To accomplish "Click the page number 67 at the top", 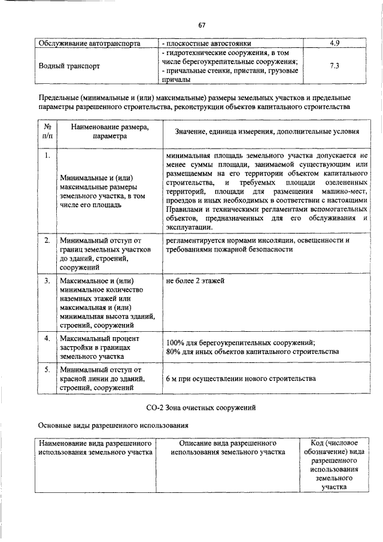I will pos(202,25).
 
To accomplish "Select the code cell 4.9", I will pos(335,43).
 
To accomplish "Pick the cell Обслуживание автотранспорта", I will pos(89,43).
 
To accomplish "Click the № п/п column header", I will pos(47,131).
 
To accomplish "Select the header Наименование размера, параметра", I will pos(109,131).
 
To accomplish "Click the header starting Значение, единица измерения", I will pos(266,131).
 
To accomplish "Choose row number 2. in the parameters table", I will pos(47,240).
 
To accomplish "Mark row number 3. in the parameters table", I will pos(47,280).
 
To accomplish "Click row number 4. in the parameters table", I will pos(47,339).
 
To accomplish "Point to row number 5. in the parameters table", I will pos(47,370).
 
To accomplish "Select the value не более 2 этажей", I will pos(196,280).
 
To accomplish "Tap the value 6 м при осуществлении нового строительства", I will pos(241,379).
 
